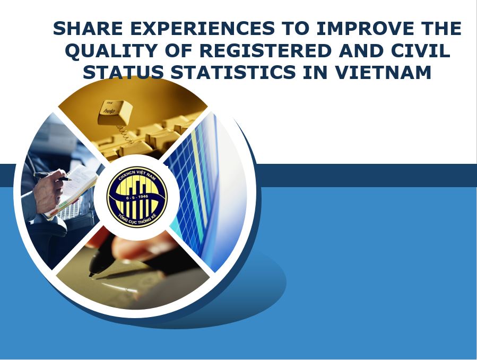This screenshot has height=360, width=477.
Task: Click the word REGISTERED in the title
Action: (x=265, y=50)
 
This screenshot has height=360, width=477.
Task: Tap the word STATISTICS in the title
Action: (x=233, y=72)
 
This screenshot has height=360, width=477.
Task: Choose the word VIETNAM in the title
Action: (x=383, y=72)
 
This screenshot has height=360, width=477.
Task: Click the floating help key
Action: (x=115, y=112)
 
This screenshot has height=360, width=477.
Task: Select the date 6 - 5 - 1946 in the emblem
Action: (x=137, y=197)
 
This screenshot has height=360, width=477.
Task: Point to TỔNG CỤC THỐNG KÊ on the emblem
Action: (x=137, y=219)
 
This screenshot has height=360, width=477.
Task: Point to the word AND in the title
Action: (x=361, y=50)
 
